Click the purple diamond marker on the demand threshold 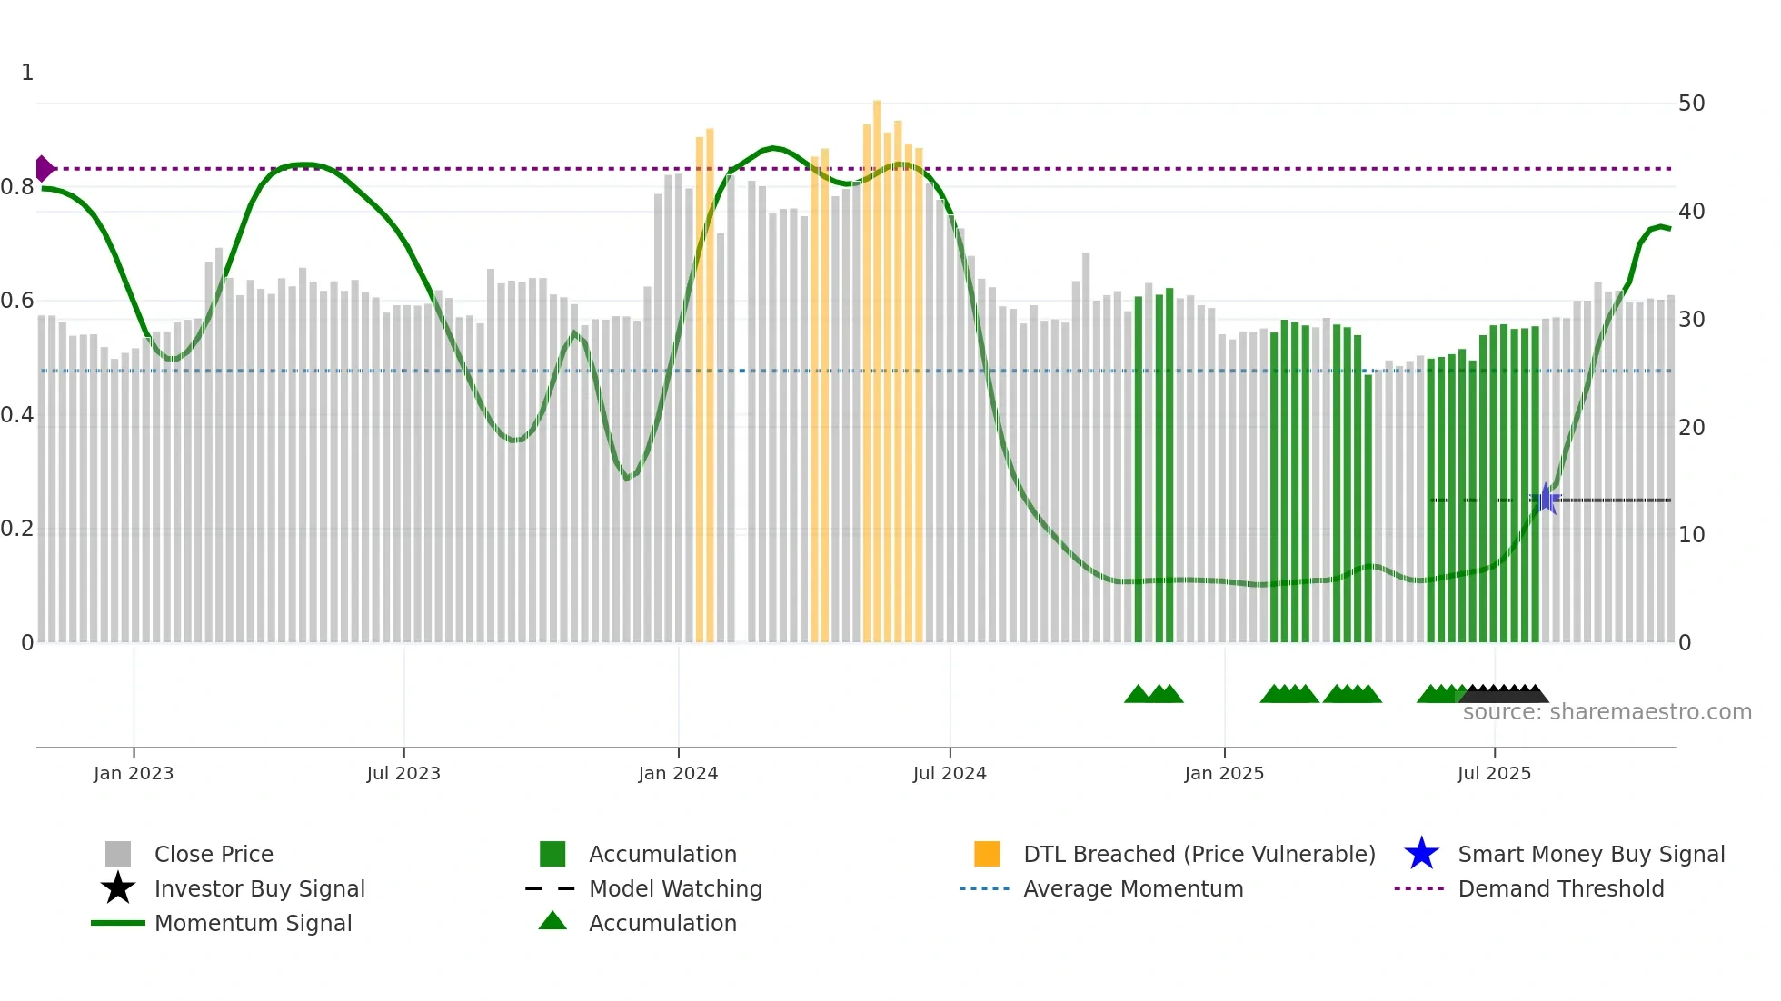[x=44, y=169]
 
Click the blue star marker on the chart [x=1546, y=499]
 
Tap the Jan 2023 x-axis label [x=134, y=773]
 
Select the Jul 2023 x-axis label [x=403, y=773]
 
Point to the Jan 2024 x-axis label [x=678, y=773]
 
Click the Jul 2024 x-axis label [x=950, y=773]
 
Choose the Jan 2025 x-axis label [x=1224, y=773]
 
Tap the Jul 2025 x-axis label [x=1494, y=773]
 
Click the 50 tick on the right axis [x=1691, y=104]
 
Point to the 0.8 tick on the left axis [x=17, y=187]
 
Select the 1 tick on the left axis [x=27, y=73]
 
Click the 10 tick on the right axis [x=1691, y=535]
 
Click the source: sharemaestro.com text [x=1607, y=712]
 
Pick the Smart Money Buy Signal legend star [x=1421, y=854]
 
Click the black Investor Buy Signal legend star [x=118, y=888]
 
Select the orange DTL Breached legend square [x=987, y=854]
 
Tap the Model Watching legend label [x=675, y=888]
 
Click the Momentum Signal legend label [x=253, y=923]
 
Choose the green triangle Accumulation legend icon [x=552, y=921]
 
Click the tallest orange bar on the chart [x=877, y=363]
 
